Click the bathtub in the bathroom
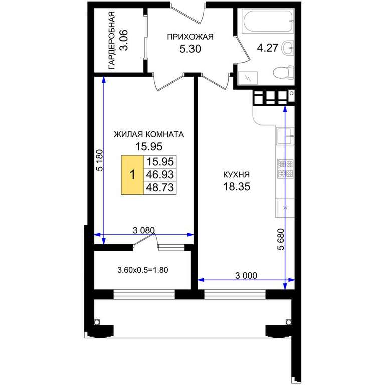point(268,21)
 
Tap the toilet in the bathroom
point(284,73)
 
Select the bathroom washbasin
point(288,48)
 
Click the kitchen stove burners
point(285,169)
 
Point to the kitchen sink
point(285,136)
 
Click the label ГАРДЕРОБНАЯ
point(112,40)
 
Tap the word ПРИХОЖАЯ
point(190,37)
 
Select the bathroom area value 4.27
point(267,48)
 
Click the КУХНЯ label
point(236,175)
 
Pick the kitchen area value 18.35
point(237,186)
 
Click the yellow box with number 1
point(132,175)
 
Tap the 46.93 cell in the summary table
point(160,175)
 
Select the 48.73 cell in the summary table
point(160,188)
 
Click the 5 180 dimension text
point(100,160)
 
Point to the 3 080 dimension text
point(144,230)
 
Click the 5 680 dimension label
point(281,239)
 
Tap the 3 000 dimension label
point(246,276)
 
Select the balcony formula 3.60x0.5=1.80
point(143,270)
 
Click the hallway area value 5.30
point(190,49)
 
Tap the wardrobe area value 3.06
point(123,40)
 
